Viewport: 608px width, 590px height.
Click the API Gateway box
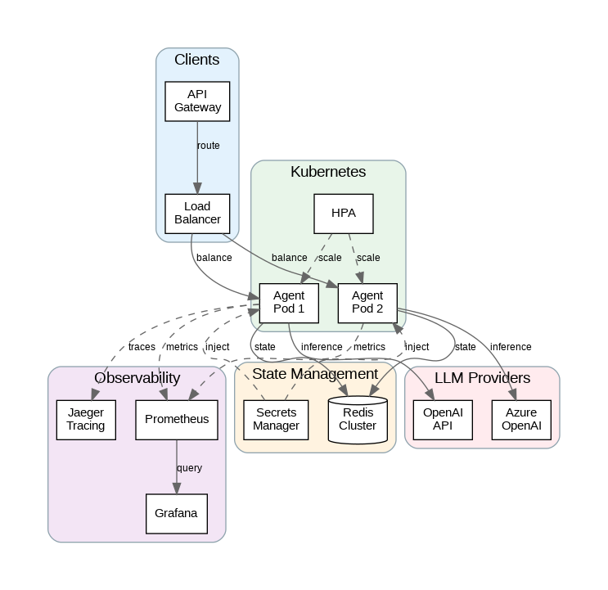[196, 101]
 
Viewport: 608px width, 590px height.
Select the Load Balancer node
[196, 214]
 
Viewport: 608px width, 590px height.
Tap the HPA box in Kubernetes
[344, 214]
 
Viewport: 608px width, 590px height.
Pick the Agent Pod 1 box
[288, 302]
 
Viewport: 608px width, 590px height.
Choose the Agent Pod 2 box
[367, 302]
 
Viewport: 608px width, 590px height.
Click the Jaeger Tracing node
[86, 419]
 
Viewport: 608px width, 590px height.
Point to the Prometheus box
[177, 419]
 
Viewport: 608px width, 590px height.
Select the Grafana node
[176, 513]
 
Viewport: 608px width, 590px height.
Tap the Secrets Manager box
[277, 419]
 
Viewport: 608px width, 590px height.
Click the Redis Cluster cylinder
[358, 419]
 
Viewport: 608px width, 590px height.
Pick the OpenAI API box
[443, 419]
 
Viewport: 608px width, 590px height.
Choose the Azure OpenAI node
[521, 419]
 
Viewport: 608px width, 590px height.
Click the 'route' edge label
[209, 146]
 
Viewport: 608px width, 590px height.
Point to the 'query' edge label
[189, 468]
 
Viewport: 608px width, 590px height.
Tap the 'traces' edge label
[142, 347]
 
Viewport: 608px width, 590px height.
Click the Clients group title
[197, 60]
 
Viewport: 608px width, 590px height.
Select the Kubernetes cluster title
[328, 172]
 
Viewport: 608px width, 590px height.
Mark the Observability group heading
[137, 377]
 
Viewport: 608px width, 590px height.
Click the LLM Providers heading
[482, 378]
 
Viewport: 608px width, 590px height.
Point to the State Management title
[315, 374]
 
